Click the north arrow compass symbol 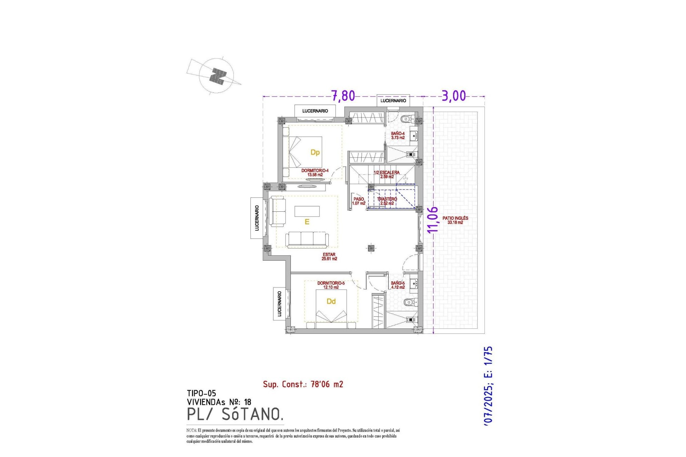pos(217,76)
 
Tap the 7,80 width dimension pos(343,96)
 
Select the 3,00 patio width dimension pos(454,96)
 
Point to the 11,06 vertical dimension pos(432,220)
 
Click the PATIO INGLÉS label pos(455,220)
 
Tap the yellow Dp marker pos(315,152)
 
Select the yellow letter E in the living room pos(307,222)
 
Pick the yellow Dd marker pos(331,302)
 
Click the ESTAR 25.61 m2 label pos(329,256)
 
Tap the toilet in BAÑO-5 pos(409,302)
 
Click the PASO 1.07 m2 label pos(358,201)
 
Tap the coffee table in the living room pos(307,211)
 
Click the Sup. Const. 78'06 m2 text pos(303,385)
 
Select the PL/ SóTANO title pos(235,414)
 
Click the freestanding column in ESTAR pos(371,247)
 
